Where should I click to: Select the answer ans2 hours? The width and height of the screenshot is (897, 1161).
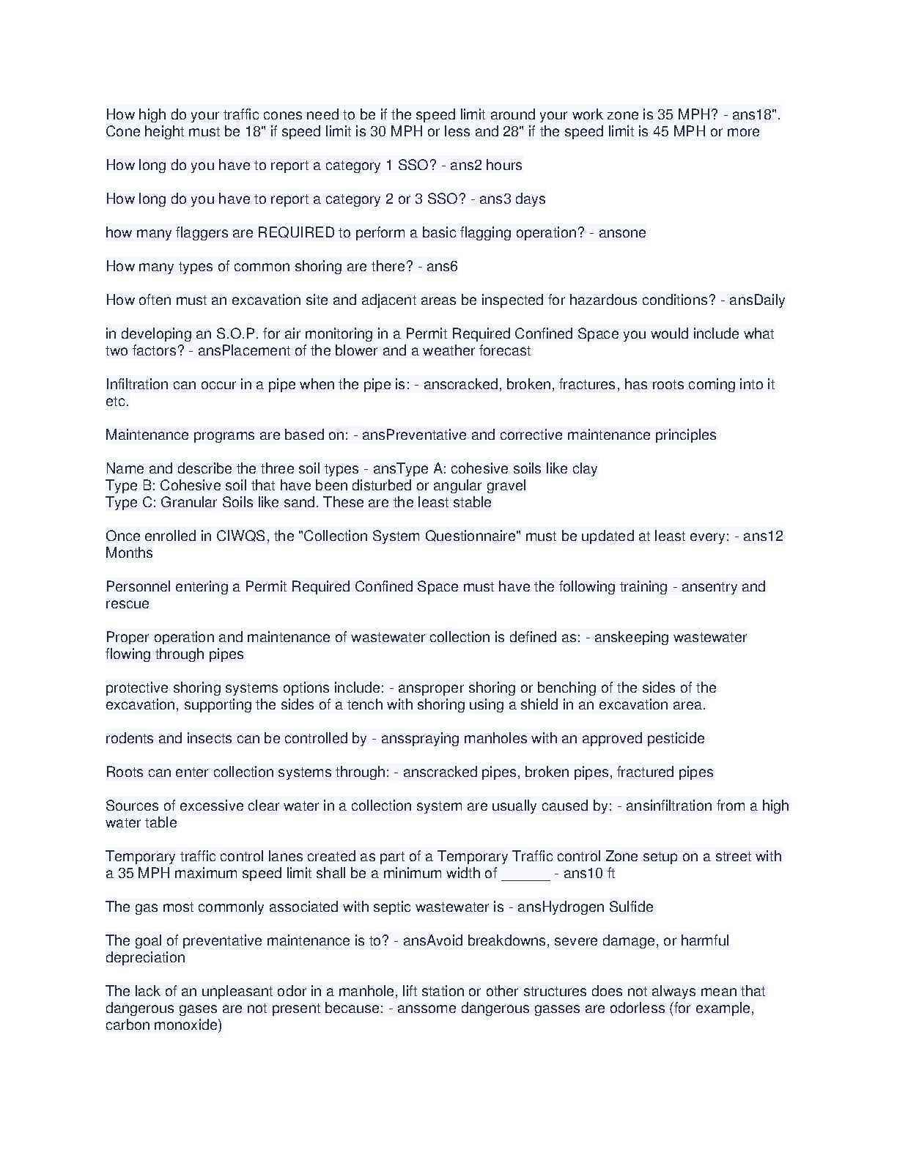(486, 165)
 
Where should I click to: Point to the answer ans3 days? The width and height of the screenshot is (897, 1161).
(512, 199)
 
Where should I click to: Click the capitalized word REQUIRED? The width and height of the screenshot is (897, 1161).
(295, 232)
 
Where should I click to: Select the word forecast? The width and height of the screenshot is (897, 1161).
(505, 350)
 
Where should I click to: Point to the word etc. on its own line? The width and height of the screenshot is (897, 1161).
(117, 401)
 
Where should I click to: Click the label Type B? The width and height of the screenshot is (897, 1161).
(130, 485)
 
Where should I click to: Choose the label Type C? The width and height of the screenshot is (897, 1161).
(130, 502)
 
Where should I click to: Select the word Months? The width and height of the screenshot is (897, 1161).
(129, 553)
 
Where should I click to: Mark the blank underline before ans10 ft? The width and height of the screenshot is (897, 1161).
(525, 873)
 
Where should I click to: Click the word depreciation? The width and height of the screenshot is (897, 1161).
(145, 957)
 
